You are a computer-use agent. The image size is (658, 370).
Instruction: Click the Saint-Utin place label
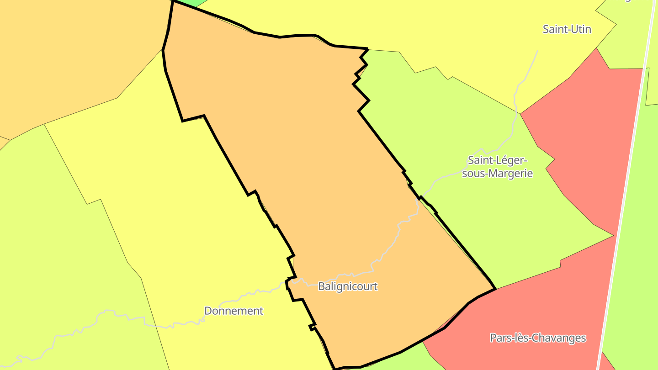pos(567,29)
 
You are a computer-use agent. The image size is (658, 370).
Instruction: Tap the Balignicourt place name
pos(348,286)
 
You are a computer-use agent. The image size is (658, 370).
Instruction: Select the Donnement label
pos(233,311)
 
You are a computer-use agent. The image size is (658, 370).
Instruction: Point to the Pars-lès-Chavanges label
pos(538,338)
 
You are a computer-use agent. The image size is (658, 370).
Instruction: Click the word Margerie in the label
pos(510,174)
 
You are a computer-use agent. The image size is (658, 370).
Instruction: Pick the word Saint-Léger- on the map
pos(498,160)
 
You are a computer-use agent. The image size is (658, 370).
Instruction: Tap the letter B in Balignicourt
pos(321,286)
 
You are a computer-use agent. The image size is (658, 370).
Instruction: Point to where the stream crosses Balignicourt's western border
pos(287,280)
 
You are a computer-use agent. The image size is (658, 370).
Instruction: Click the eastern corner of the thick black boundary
pos(495,289)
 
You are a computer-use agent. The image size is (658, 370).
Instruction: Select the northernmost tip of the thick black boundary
pos(173,1)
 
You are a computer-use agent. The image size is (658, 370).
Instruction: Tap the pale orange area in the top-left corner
pos(69,55)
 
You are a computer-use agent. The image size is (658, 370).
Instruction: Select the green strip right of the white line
pos(640,228)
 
